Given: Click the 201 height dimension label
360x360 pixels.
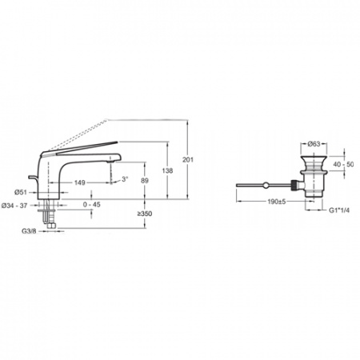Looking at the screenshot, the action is point(188,160).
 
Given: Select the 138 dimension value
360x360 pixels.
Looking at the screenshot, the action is point(167,170).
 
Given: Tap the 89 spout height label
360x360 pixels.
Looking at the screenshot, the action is point(145,181).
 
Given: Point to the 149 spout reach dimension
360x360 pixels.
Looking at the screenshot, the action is point(80,182).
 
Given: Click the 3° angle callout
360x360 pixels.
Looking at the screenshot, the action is point(125,179).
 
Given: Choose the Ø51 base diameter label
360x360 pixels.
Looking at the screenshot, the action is point(21,192).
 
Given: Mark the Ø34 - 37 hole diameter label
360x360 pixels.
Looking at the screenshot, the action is point(14,206).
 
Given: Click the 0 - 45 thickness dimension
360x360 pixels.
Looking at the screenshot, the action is point(92,205).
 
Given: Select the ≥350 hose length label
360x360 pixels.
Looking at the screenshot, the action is point(145,214).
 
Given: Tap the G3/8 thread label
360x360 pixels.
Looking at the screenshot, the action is point(29,231).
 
